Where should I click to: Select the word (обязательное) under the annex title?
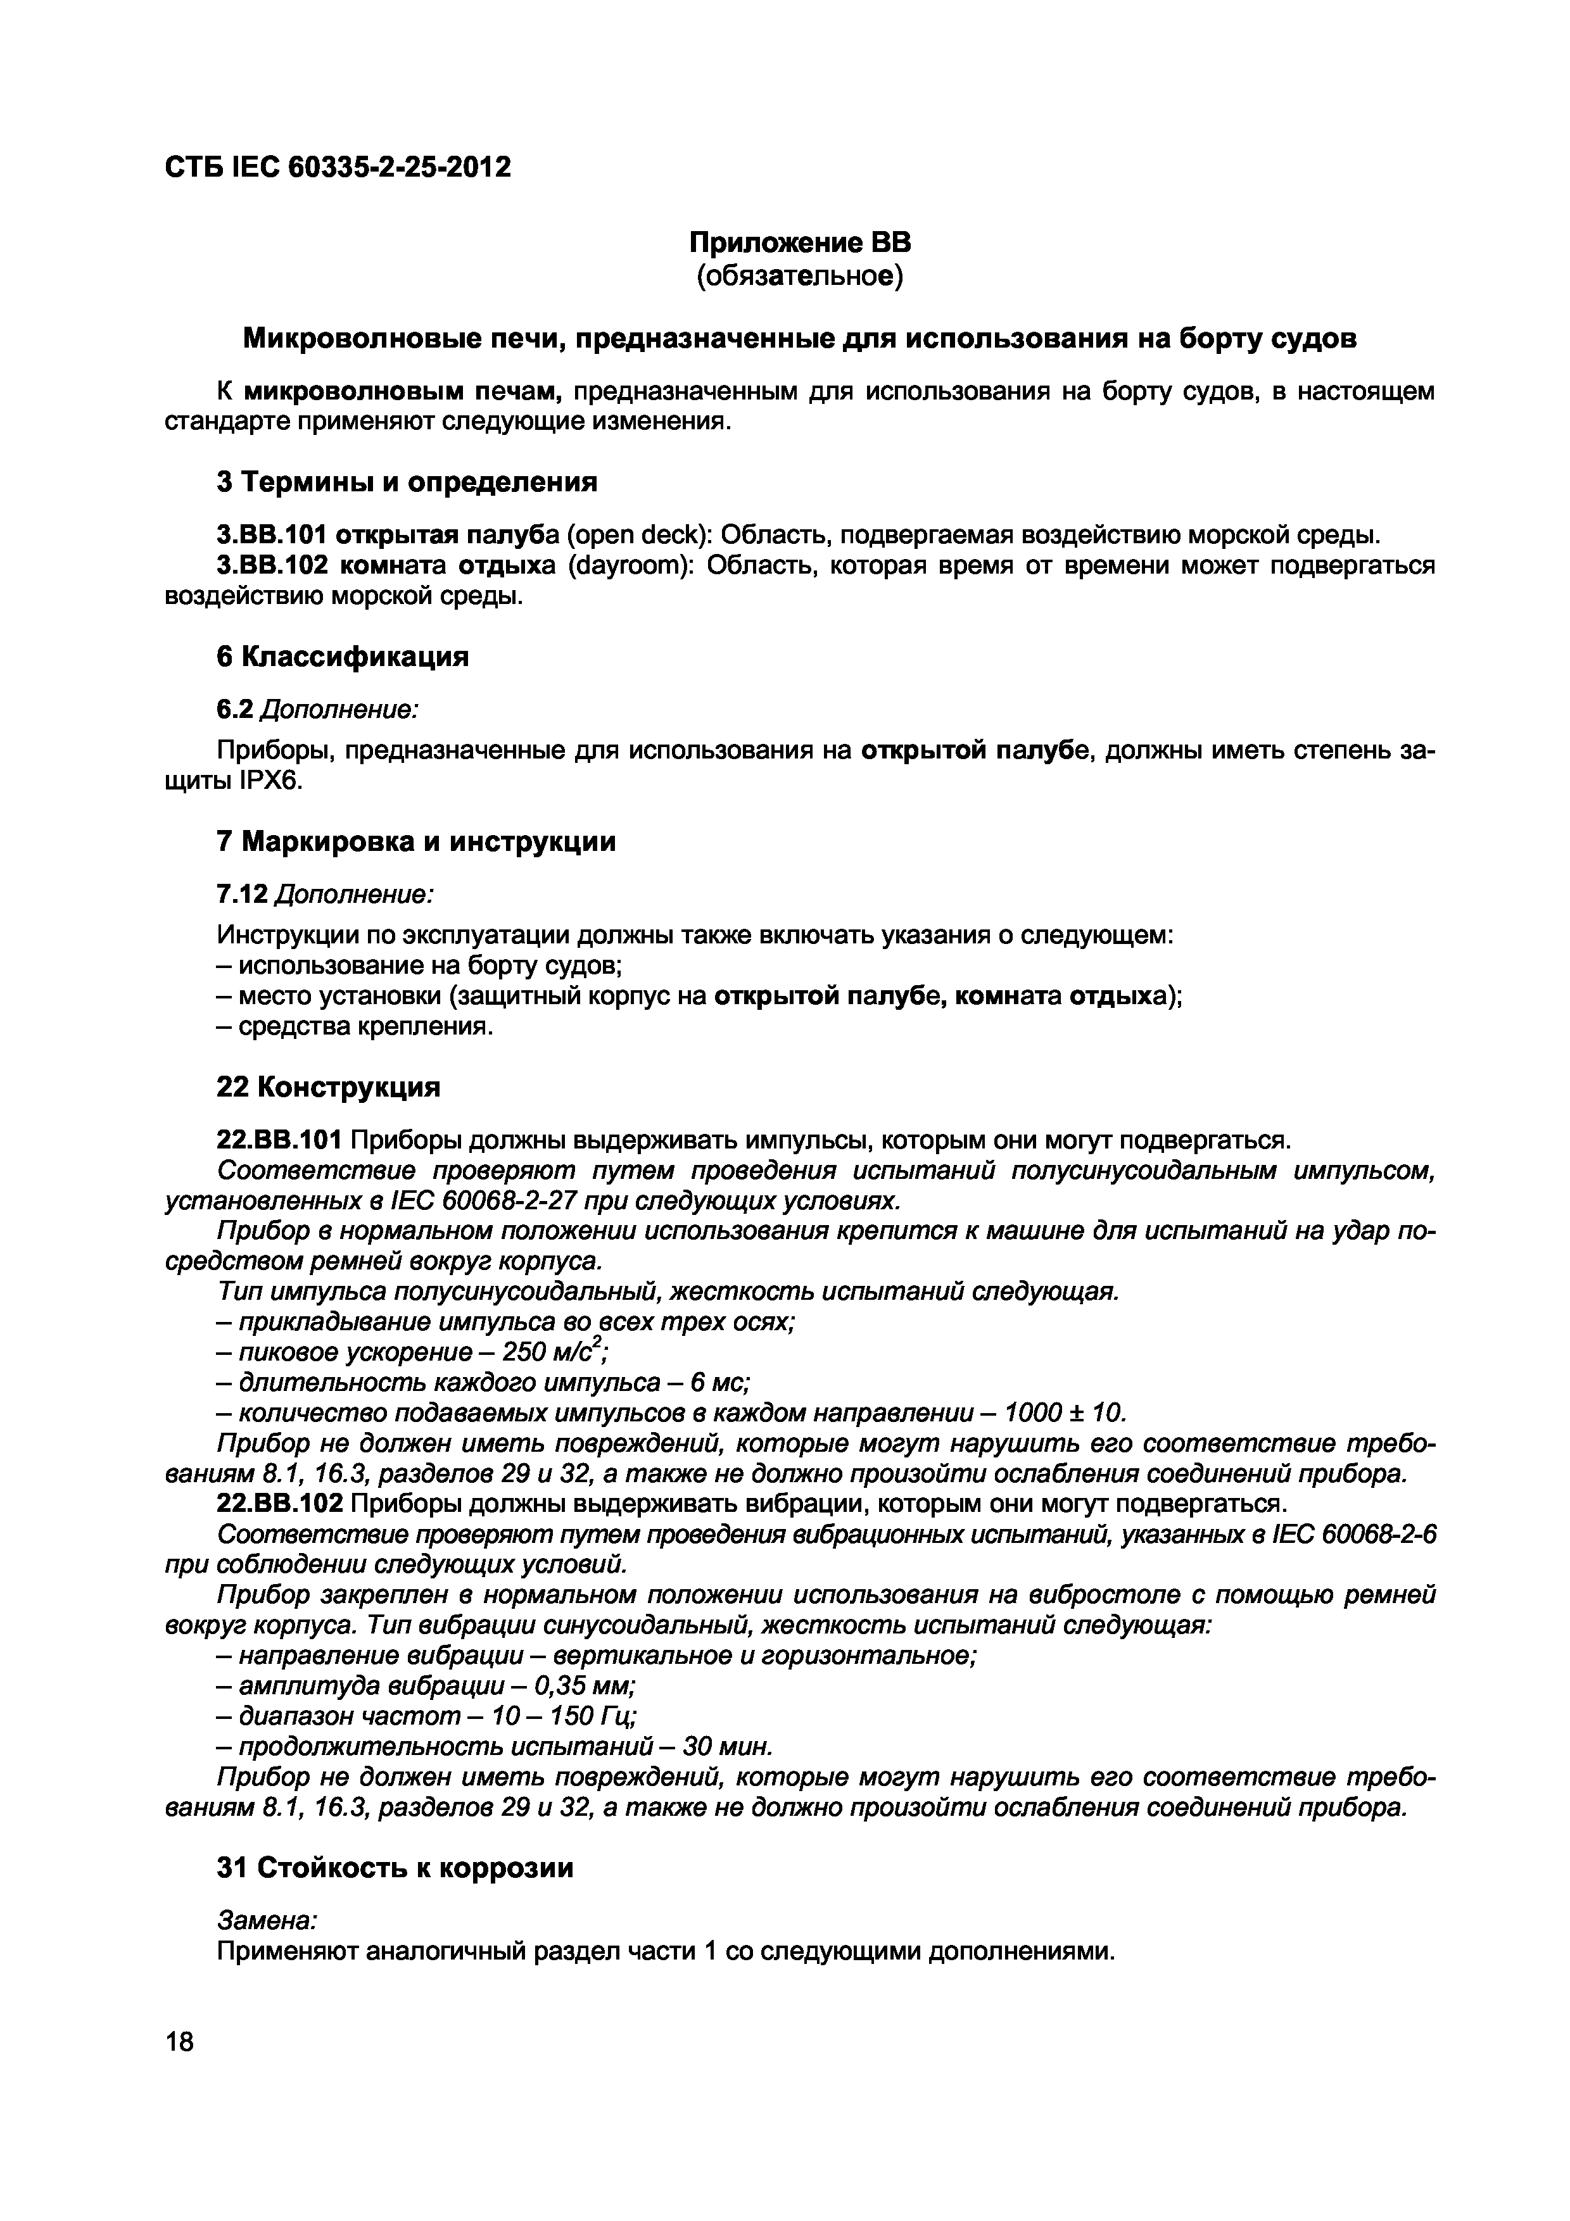pos(799,277)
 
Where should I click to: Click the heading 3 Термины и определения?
pos(407,482)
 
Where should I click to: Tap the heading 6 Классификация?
pos(343,657)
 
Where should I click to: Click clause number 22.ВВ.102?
pos(279,1503)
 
